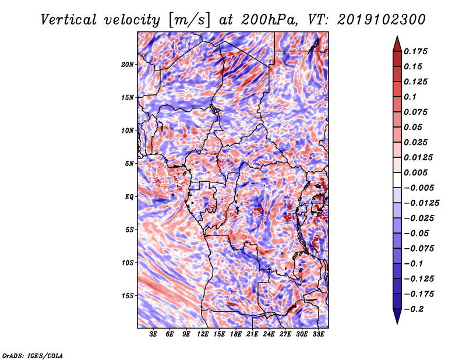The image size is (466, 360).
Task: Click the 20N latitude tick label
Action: click(128, 65)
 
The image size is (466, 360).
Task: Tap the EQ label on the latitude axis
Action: click(129, 197)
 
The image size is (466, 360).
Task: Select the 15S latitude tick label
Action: click(128, 296)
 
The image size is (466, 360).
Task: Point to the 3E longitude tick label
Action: click(153, 334)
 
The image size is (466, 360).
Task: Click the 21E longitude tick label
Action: click(252, 334)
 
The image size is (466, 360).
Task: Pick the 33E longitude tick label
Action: click(318, 334)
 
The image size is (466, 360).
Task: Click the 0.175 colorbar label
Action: click(415, 51)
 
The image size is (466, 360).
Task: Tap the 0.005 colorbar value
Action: click(415, 172)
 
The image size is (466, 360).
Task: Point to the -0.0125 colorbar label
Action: click(421, 203)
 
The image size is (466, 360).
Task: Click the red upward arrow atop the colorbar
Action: click(397, 44)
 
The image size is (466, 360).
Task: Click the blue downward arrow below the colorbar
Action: click(397, 316)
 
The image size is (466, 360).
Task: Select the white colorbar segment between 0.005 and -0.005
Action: click(397, 180)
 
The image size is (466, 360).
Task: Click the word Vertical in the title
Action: click(69, 20)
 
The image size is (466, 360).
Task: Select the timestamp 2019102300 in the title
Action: click(382, 20)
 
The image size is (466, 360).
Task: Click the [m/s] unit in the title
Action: click(189, 20)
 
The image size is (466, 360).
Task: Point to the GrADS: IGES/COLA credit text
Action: click(33, 356)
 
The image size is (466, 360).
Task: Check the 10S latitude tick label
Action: click(128, 263)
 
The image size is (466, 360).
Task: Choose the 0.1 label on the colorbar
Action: click(410, 97)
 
